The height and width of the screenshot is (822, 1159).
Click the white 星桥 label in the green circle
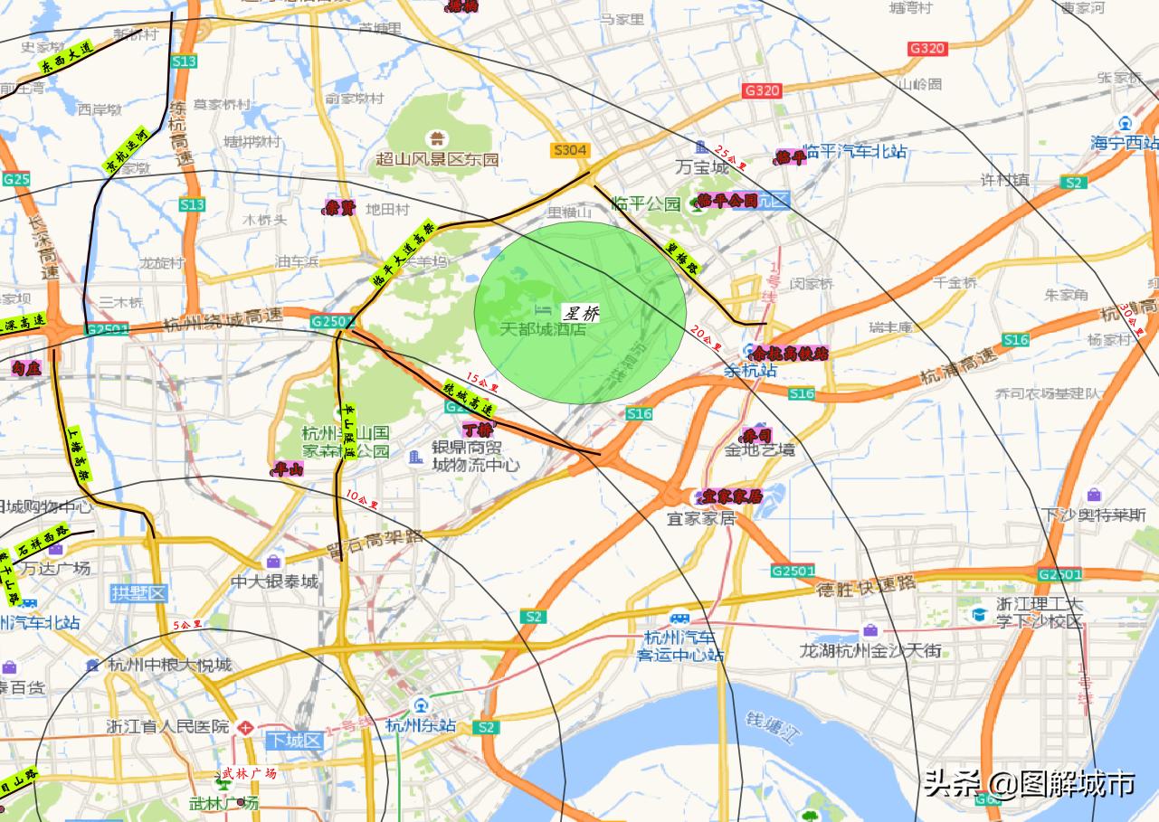(x=581, y=314)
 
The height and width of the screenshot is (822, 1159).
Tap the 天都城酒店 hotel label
(x=543, y=329)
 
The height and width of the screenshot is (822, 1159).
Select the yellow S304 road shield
(x=569, y=150)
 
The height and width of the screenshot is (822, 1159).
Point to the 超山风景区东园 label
(x=438, y=159)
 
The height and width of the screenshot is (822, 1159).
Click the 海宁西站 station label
(x=1124, y=142)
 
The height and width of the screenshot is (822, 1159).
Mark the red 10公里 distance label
(x=362, y=497)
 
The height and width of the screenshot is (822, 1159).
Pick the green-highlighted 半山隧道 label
(x=347, y=431)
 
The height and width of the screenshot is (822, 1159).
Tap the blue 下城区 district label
(x=294, y=741)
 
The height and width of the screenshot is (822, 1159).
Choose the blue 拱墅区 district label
(x=139, y=593)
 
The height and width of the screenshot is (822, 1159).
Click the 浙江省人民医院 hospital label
(x=168, y=726)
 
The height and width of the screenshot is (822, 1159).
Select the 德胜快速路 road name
(x=866, y=585)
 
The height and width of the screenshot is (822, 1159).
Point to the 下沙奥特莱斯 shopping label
(x=1094, y=515)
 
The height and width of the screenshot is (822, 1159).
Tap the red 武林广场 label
(x=249, y=773)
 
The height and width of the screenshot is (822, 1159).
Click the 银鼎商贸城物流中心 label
(x=475, y=457)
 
